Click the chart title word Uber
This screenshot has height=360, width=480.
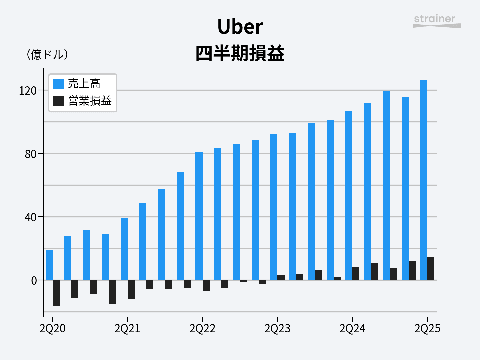[240, 27]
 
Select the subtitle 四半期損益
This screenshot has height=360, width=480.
[240, 53]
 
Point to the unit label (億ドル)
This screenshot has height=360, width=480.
[47, 54]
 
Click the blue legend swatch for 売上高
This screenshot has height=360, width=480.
[59, 83]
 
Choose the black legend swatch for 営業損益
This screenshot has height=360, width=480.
[59, 101]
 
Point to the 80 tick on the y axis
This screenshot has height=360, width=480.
[30, 154]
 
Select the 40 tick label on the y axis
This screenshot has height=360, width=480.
[30, 217]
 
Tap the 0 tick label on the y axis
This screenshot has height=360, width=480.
[34, 281]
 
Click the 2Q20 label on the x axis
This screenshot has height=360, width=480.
[53, 329]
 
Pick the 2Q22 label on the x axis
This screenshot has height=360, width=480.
[202, 329]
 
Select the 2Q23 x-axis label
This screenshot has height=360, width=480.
[277, 329]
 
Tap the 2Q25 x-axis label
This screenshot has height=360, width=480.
[427, 329]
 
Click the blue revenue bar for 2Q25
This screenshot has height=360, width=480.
[424, 180]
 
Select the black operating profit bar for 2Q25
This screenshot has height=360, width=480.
[431, 269]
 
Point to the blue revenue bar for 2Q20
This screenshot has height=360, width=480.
[49, 265]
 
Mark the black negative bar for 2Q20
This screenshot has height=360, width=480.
[56, 293]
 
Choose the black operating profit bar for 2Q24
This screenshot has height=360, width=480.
[356, 274]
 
